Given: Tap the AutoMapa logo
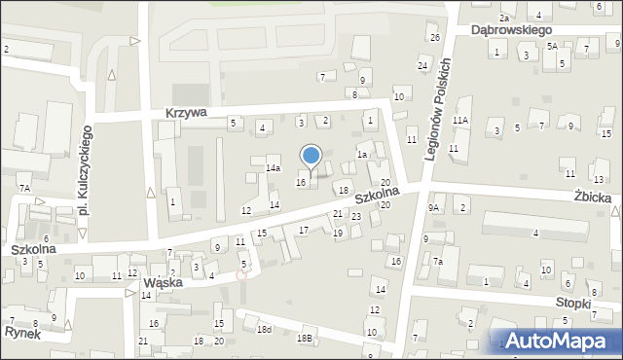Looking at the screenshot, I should click(558, 341).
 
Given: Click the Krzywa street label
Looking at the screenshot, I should click(185, 113).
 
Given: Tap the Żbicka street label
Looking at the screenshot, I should click(592, 198).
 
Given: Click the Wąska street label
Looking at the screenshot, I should click(164, 283).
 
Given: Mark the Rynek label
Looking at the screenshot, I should click(20, 332).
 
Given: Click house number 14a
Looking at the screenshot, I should click(275, 168).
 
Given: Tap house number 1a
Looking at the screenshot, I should click(361, 154).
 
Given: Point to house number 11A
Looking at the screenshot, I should click(460, 121).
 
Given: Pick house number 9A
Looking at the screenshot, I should click(435, 207).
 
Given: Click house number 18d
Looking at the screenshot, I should click(264, 331).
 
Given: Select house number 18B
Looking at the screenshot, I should click(305, 338).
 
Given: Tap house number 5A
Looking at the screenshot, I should click(551, 46).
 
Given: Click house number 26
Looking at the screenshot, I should click(434, 37).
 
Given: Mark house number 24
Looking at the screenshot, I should click(422, 65).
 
